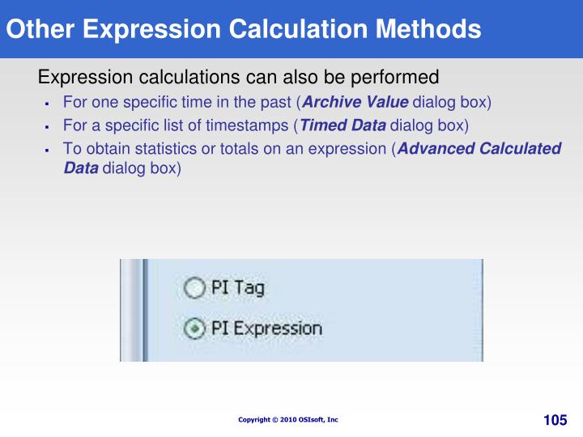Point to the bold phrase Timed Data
[343, 125]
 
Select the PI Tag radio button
[194, 287]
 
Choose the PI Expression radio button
[194, 329]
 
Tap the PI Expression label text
[266, 329]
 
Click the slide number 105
[555, 419]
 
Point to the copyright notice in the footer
[288, 419]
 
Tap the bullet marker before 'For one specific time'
[48, 104]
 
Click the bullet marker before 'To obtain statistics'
[48, 149]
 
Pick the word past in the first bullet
[276, 103]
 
